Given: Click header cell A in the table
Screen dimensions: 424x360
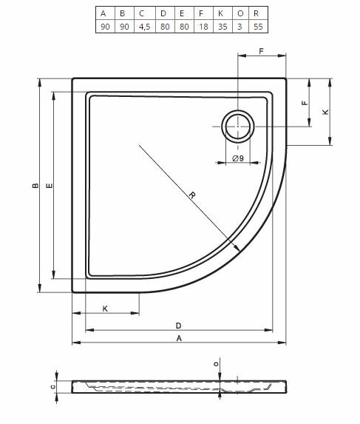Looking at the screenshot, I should click(103, 13).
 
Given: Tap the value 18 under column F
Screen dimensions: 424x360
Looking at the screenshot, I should click(200, 27).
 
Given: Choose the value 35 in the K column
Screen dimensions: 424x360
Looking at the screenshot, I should click(220, 27).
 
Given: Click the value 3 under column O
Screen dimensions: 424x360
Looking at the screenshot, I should click(239, 27).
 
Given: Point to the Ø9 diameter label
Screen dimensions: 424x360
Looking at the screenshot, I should click(237, 158).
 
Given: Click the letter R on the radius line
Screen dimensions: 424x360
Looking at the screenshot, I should click(191, 195).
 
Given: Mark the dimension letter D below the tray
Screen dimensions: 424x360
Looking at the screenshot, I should click(178, 325).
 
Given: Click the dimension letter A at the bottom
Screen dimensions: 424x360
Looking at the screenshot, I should click(178, 339).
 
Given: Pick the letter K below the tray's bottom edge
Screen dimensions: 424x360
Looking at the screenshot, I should click(105, 308).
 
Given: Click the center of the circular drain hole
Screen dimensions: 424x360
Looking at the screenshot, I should click(237, 127).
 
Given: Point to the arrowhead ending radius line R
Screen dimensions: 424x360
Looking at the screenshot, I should click(237, 250).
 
